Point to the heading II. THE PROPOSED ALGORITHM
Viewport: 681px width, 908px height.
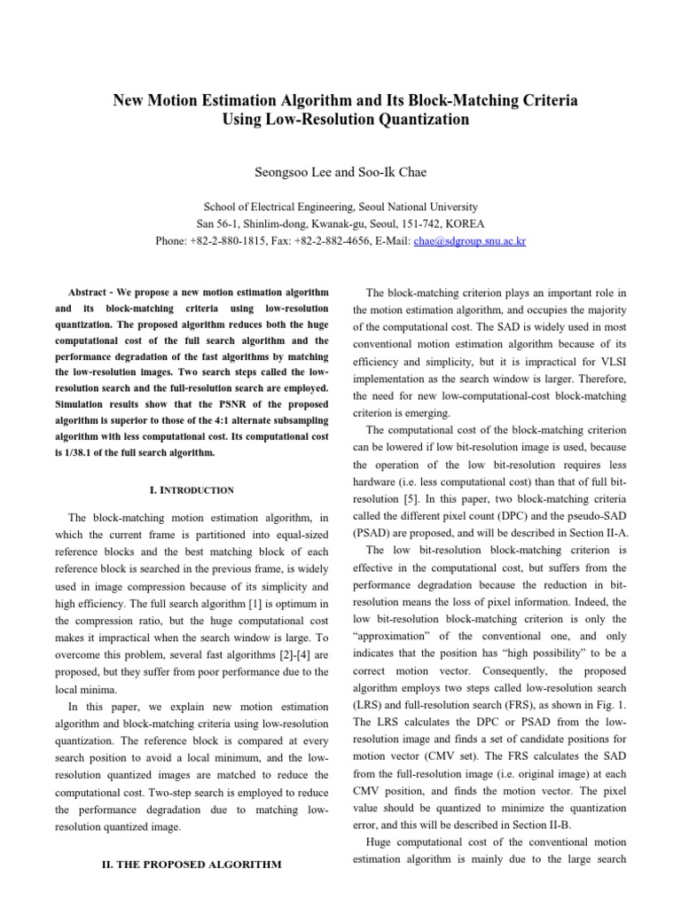click(x=194, y=865)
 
